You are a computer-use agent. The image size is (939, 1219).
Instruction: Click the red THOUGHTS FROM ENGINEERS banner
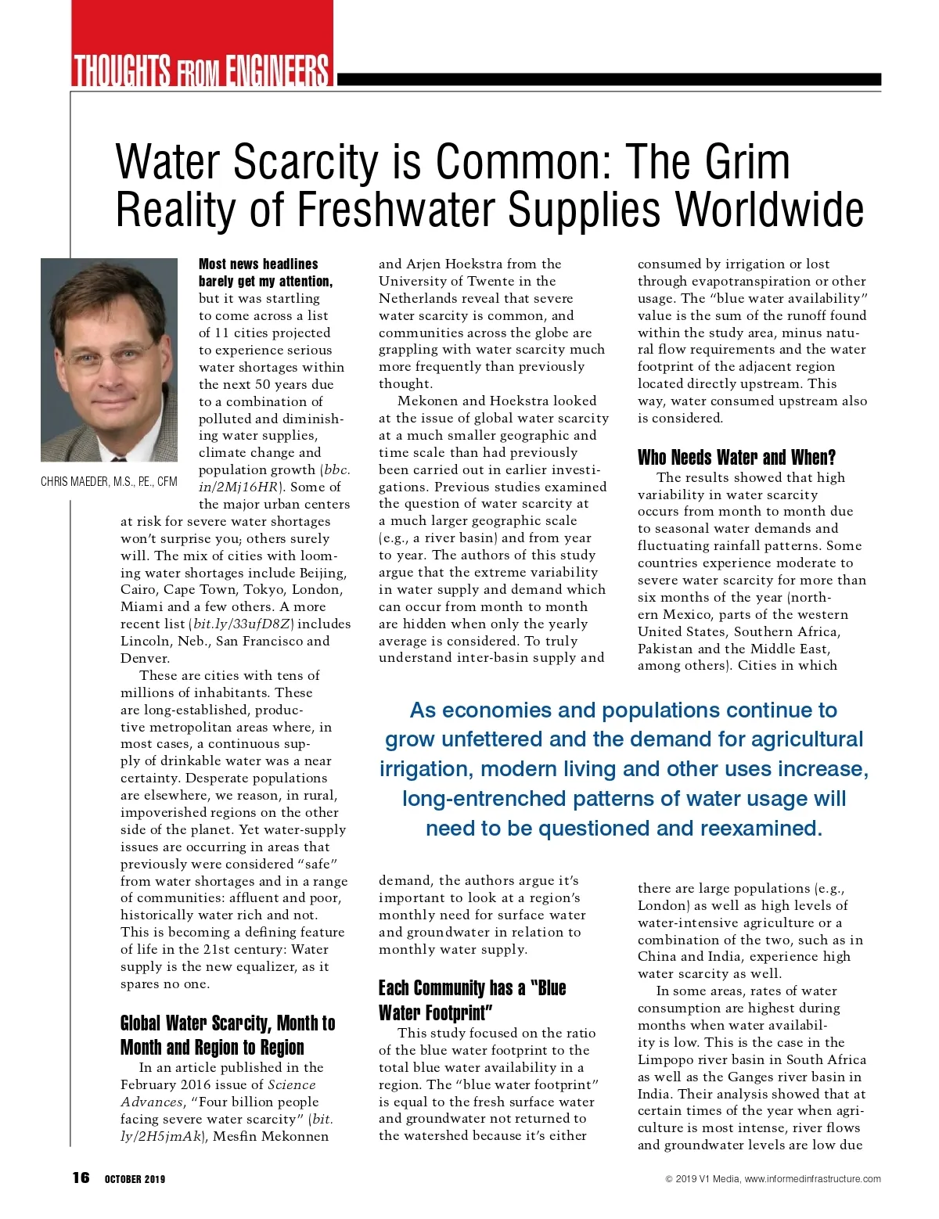point(202,69)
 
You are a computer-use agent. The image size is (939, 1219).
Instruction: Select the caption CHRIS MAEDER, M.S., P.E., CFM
point(109,482)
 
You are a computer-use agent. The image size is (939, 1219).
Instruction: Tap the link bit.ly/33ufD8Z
point(243,624)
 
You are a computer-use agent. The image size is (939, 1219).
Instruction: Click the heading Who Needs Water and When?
point(736,457)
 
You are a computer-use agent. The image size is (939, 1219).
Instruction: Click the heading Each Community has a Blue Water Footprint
point(472,1000)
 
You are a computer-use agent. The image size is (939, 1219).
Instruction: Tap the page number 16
point(81,1178)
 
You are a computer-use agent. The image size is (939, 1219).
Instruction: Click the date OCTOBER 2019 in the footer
point(135,1179)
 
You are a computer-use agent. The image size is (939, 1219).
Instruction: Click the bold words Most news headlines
point(258,264)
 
